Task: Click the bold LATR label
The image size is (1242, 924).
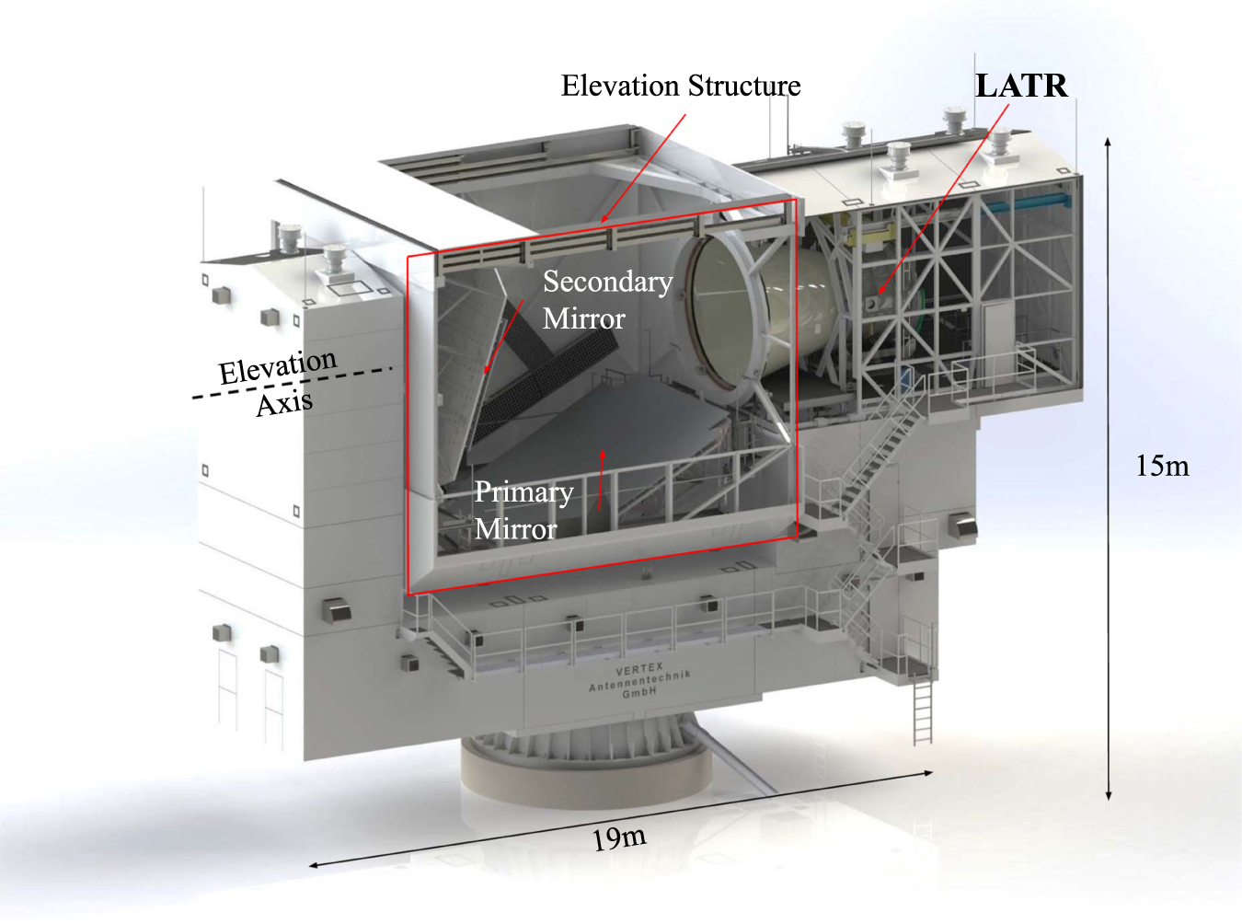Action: tap(1021, 86)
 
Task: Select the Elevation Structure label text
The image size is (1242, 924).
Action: tap(681, 86)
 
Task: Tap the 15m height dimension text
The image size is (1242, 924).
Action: tap(1162, 466)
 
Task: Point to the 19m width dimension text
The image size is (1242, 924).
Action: tap(618, 838)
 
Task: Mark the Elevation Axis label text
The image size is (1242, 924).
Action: tap(279, 383)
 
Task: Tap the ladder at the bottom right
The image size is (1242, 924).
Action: tap(923, 709)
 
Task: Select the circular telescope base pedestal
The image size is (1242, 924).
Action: tap(586, 768)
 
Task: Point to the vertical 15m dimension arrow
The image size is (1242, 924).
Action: tap(1109, 468)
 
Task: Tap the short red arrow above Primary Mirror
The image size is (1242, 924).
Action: tap(602, 479)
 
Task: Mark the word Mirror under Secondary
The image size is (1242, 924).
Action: tap(584, 318)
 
